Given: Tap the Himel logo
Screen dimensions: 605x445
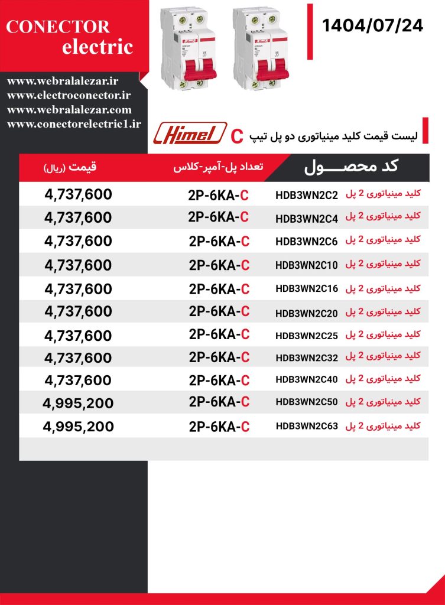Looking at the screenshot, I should [x=190, y=133].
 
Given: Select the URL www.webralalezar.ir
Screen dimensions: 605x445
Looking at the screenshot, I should [x=64, y=80].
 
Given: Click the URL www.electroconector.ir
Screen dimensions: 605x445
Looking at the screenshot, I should [x=69, y=95].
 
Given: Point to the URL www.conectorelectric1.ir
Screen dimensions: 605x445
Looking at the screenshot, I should [x=75, y=123].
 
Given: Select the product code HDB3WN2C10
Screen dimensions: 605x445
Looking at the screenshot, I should [x=307, y=265].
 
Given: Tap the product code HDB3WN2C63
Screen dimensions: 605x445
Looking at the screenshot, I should [x=307, y=426].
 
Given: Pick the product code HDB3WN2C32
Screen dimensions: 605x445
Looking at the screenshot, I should [x=307, y=357].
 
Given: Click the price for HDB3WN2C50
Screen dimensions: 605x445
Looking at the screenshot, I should [x=78, y=404].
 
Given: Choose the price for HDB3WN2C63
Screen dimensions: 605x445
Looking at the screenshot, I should [x=78, y=427].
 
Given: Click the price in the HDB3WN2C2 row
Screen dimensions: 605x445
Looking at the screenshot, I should [x=78, y=194].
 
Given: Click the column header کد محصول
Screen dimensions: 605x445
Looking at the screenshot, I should [x=352, y=167].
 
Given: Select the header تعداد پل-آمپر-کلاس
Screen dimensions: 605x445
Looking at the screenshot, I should [x=218, y=168].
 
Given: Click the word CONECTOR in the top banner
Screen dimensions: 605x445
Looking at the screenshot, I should [x=58, y=27].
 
